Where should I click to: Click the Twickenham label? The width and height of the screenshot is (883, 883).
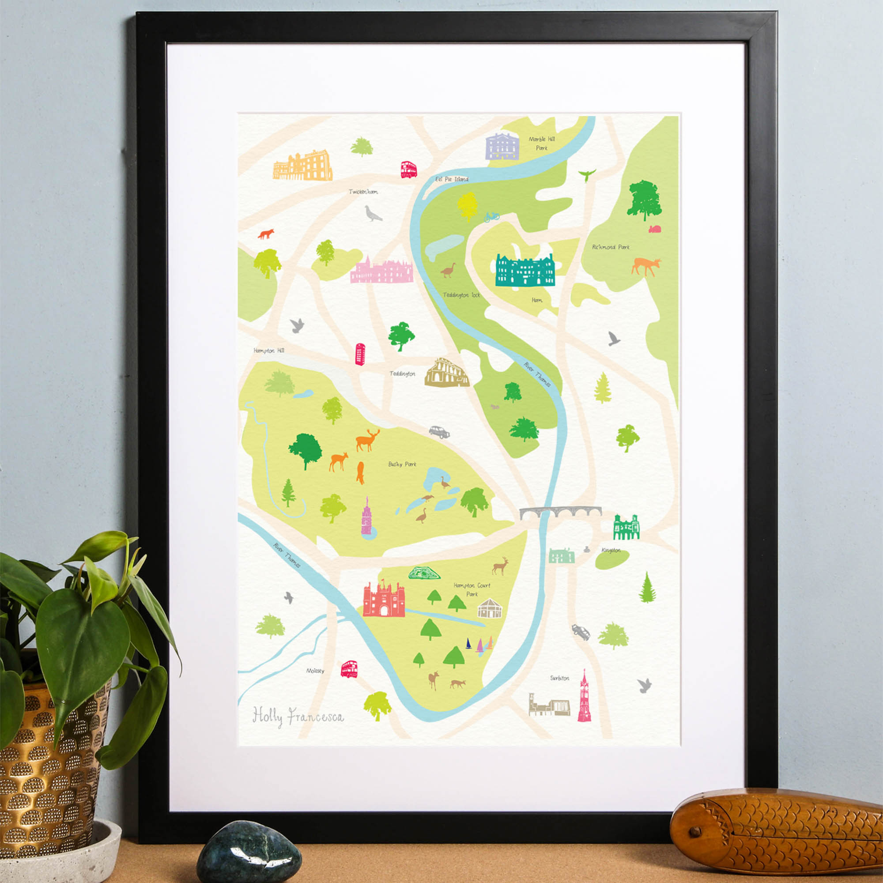pos(363,192)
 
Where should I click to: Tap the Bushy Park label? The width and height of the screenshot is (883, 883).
pos(402,464)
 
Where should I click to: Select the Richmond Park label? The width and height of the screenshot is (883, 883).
pos(611,247)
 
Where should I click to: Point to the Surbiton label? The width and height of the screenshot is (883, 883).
pos(559,678)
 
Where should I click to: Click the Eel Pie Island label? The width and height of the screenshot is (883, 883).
pos(452,179)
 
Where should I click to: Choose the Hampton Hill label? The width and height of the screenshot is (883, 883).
pos(269,351)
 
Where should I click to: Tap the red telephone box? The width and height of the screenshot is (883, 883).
pos(360,354)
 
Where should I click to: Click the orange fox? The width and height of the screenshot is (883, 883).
pos(265,234)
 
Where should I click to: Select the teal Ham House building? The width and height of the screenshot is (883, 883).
pos(525,271)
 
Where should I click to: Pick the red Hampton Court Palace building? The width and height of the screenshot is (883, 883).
pos(384,599)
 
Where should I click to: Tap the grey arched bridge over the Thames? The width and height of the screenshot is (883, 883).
pos(560,512)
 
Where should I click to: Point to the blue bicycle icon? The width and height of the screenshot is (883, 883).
pos(492,217)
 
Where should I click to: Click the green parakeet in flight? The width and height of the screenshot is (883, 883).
pos(587,174)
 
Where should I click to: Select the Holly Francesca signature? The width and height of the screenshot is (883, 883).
pos(298,716)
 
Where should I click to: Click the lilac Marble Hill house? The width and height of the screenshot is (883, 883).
pos(502,147)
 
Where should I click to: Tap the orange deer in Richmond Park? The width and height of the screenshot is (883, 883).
pos(645,266)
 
